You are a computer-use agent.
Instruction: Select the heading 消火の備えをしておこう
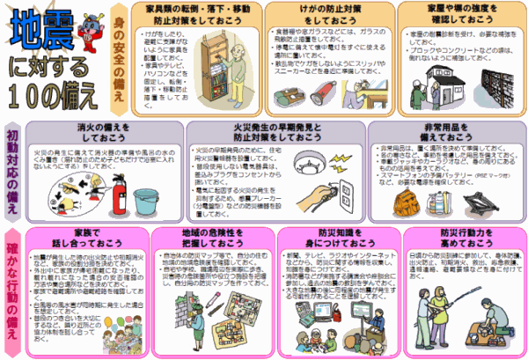[100, 133]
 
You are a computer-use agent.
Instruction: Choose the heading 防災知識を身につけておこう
[330, 239]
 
